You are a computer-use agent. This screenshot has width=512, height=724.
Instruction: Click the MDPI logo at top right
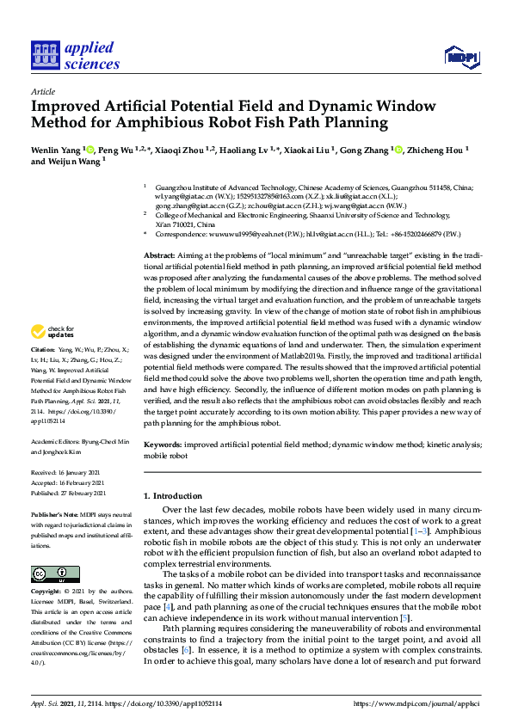[x=462, y=57]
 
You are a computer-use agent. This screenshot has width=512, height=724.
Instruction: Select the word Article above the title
[x=43, y=90]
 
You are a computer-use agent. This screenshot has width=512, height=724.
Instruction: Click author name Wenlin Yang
[x=56, y=150]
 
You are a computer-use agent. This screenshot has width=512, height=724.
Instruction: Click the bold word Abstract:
[x=158, y=233]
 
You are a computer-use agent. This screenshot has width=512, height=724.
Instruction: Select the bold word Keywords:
[x=163, y=445]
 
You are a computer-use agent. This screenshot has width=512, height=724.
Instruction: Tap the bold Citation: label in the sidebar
[x=42, y=352]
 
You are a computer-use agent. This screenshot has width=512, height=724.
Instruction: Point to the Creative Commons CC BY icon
[x=54, y=574]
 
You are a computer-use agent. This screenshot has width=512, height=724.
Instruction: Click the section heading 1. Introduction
[x=176, y=497]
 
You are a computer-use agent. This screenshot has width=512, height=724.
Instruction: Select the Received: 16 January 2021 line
[x=68, y=473]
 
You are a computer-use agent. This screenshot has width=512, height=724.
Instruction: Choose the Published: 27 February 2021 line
[x=69, y=494]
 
